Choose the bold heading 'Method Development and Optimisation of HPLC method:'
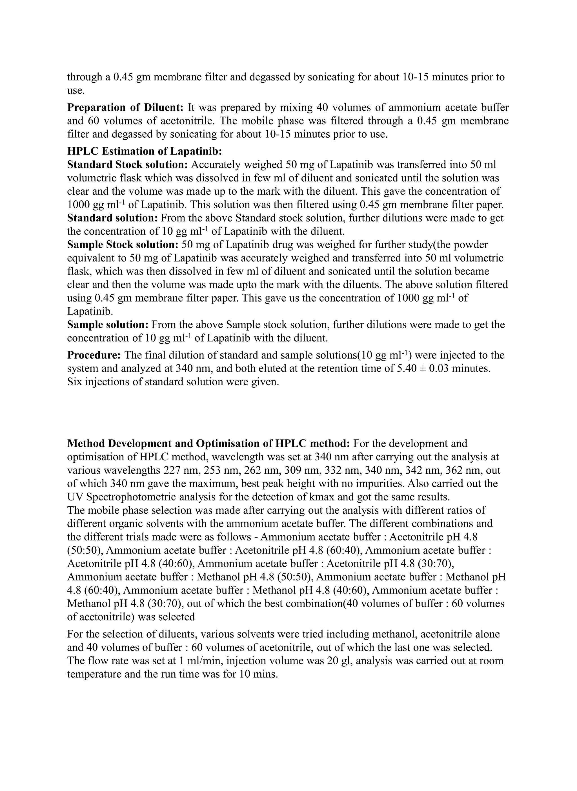208,443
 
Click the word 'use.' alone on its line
76,91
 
